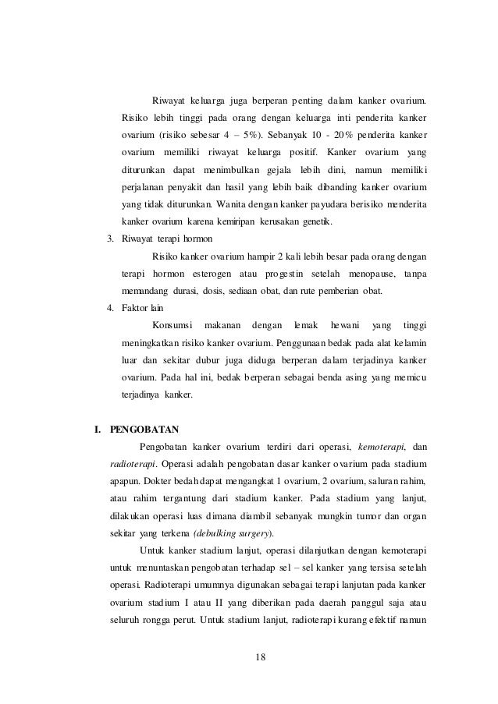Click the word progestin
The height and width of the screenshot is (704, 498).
pyautogui.click(x=287, y=274)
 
